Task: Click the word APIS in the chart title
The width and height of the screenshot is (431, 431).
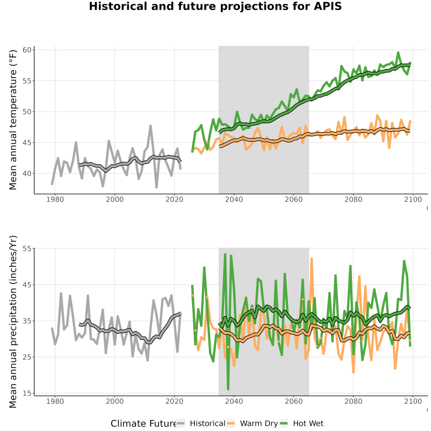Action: pyautogui.click(x=328, y=6)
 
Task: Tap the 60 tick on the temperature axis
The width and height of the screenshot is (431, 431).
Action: pyautogui.click(x=28, y=50)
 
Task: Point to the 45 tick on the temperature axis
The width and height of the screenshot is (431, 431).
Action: pyautogui.click(x=28, y=143)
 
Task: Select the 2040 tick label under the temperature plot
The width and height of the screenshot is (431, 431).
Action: pyautogui.click(x=234, y=199)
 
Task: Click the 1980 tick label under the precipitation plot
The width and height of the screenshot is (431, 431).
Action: pyautogui.click(x=55, y=401)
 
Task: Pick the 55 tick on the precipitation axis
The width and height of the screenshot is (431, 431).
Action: pyautogui.click(x=28, y=249)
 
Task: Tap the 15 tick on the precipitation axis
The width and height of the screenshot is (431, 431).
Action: pyautogui.click(x=28, y=393)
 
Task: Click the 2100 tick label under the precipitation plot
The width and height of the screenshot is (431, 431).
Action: pyautogui.click(x=413, y=401)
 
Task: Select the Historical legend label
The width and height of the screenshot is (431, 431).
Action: pyautogui.click(x=207, y=423)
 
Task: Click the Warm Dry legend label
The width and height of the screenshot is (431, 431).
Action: pyautogui.click(x=259, y=424)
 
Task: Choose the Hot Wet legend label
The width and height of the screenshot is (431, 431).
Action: pyautogui.click(x=308, y=423)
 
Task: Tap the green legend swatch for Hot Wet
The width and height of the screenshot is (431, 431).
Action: pyautogui.click(x=284, y=423)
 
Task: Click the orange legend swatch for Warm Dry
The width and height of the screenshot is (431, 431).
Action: pyautogui.click(x=231, y=423)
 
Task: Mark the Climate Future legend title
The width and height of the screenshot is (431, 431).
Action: pyautogui.click(x=144, y=423)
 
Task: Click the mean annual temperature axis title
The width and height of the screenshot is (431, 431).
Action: pyautogui.click(x=12, y=120)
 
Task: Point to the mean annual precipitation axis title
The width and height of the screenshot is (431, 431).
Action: pyautogui.click(x=12, y=322)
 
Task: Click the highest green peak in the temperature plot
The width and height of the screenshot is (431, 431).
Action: pyautogui.click(x=398, y=53)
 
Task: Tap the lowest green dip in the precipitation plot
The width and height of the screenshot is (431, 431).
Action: pyautogui.click(x=228, y=389)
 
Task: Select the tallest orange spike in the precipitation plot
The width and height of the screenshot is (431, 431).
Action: pyautogui.click(x=311, y=259)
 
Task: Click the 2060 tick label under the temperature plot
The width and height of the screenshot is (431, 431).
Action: pyautogui.click(x=294, y=199)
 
